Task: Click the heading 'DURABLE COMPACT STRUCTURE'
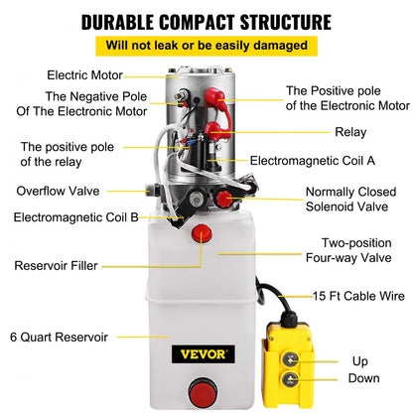point(206,21)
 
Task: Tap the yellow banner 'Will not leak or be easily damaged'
point(206,46)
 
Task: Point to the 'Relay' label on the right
point(350,130)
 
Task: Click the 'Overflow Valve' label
point(57,191)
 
